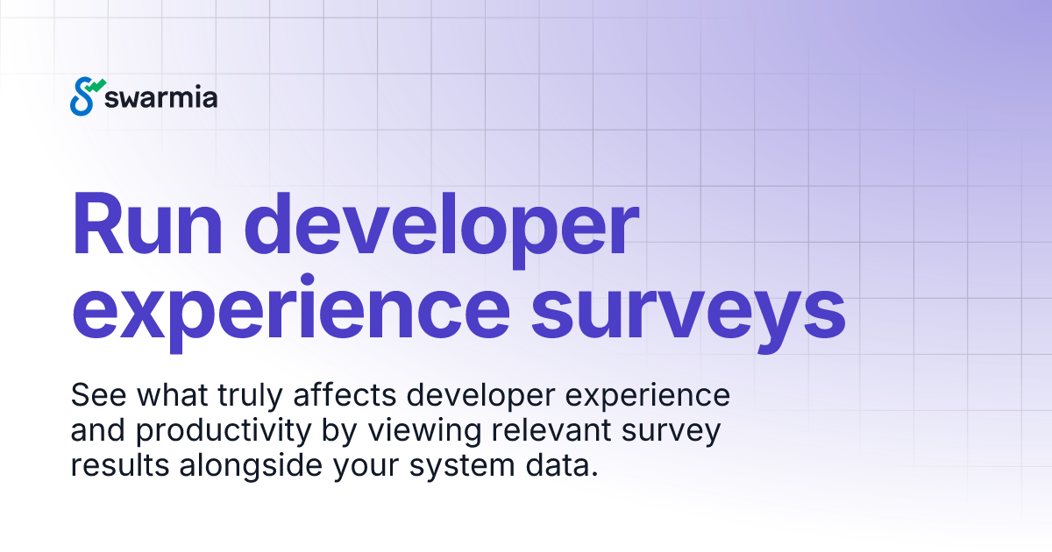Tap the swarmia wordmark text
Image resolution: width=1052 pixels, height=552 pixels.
pyautogui.click(x=160, y=97)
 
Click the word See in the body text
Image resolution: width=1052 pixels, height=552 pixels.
pyautogui.click(x=94, y=395)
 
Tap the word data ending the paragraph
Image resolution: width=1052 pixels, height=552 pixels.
pyautogui.click(x=563, y=466)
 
